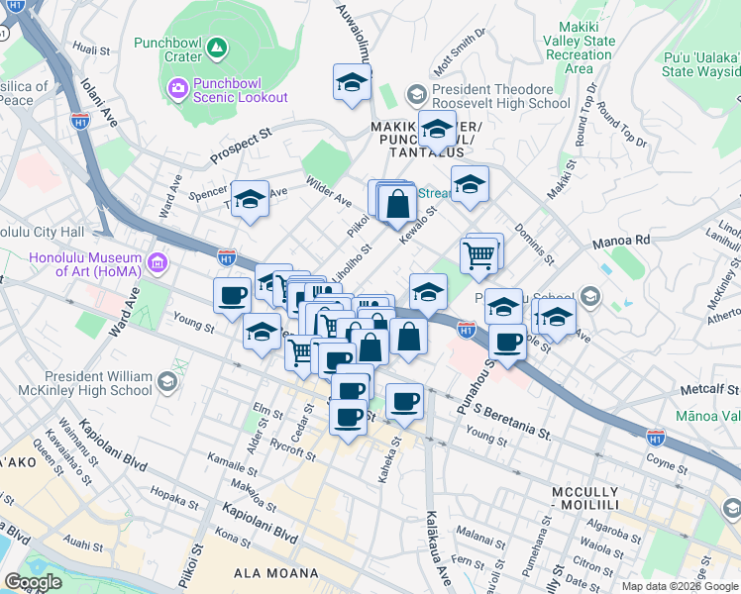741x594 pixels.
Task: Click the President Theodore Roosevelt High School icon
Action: tap(416, 95)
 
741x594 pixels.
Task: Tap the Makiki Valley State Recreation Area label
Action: tap(579, 54)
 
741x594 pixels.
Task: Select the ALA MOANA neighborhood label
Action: tap(275, 573)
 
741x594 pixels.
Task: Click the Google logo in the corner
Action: tap(33, 582)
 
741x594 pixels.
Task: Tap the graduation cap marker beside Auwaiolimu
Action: tap(352, 83)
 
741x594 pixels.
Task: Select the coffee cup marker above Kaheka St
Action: tap(404, 401)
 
